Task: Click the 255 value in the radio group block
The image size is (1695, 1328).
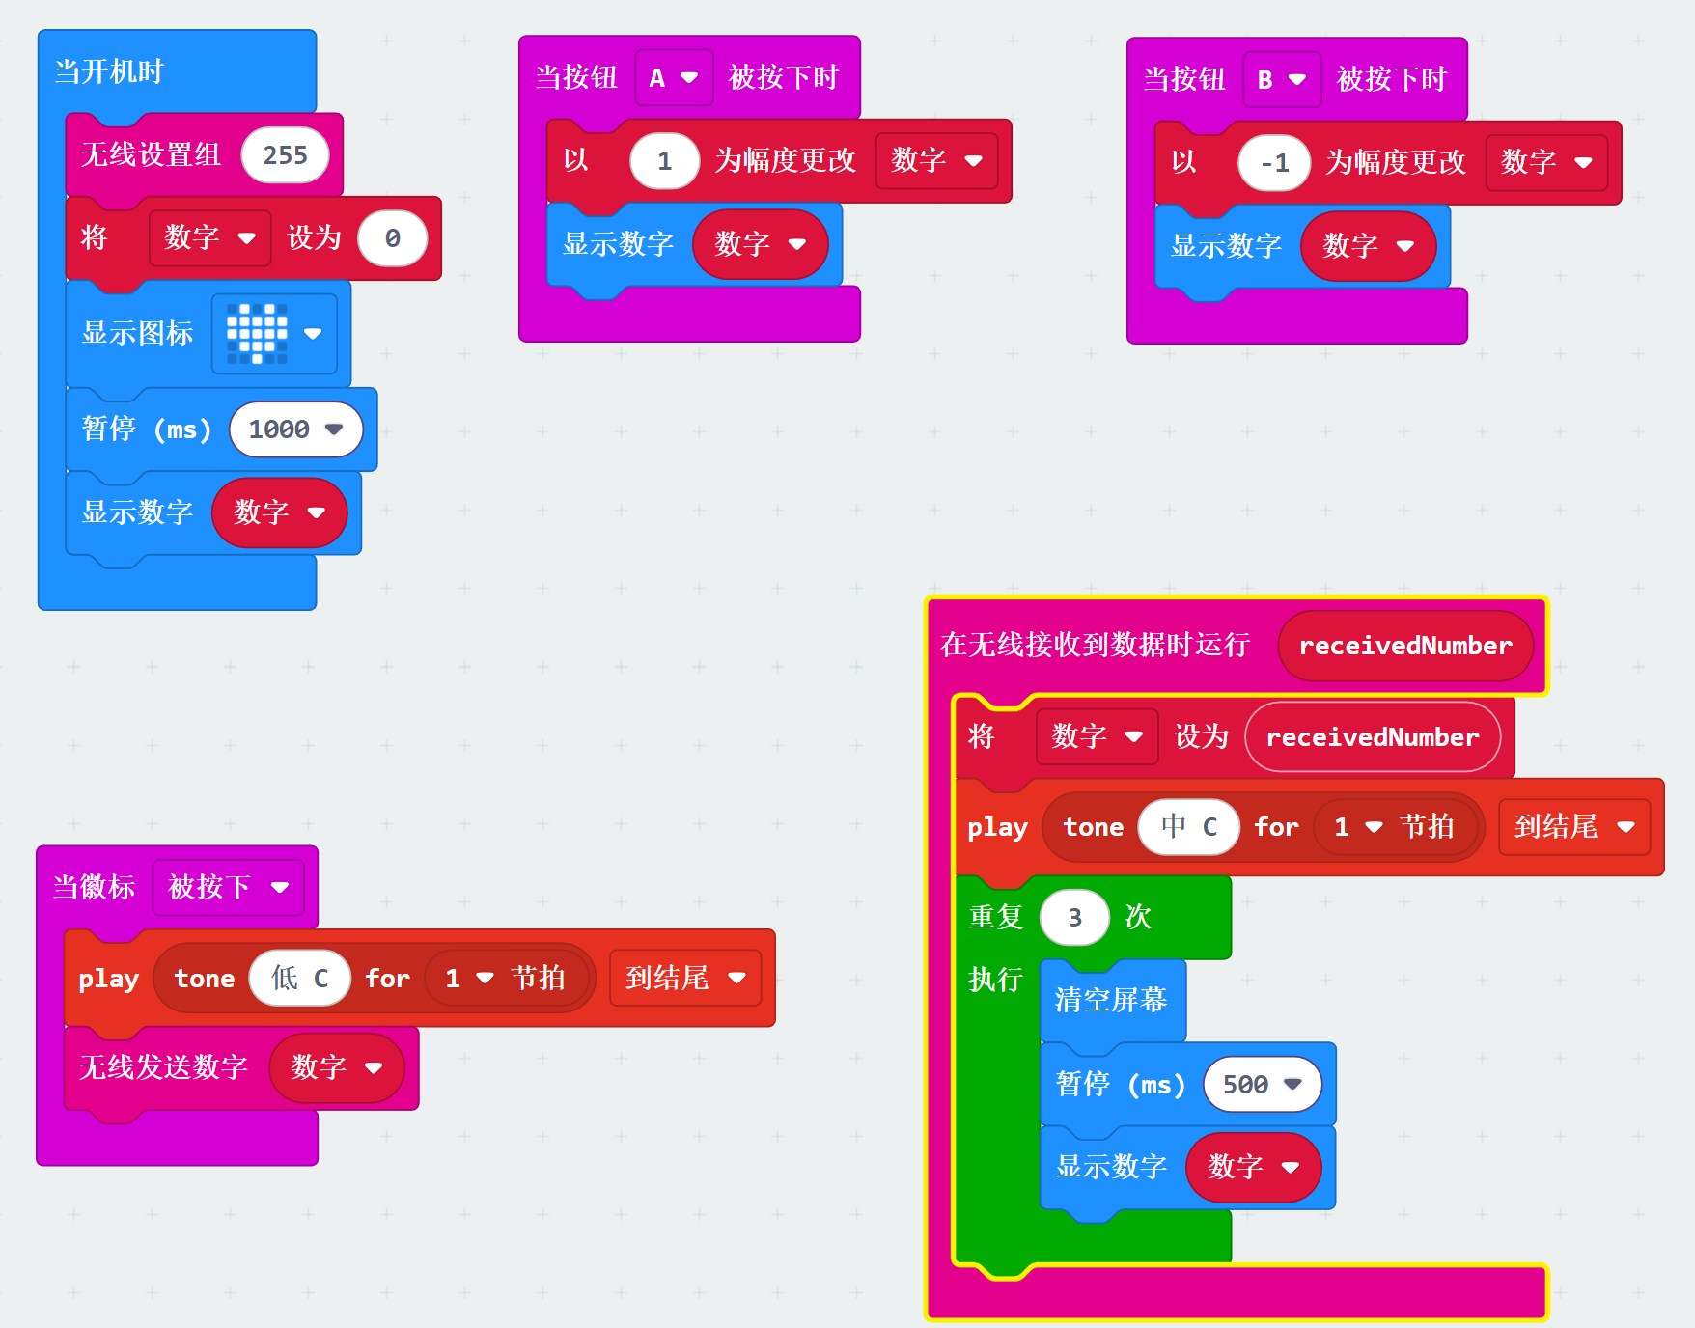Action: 285,155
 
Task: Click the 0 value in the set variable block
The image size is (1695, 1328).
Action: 392,238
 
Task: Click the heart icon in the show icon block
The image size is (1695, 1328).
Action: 257,334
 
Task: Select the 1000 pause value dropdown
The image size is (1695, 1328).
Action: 295,429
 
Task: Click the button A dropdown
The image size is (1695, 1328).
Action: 674,78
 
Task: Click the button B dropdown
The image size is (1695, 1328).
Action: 1281,80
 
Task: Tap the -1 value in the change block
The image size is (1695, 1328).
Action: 1274,163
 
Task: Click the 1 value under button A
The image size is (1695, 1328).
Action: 664,161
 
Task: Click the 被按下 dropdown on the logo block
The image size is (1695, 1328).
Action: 228,887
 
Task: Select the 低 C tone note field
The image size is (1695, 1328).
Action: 299,979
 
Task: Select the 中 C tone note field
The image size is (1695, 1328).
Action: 1188,827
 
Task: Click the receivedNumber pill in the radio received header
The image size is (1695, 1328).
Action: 1405,646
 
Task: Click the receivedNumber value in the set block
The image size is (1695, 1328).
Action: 1372,737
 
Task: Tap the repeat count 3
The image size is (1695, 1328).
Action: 1074,918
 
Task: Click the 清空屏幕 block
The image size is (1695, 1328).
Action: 1111,1000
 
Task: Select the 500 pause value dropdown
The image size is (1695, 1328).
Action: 1262,1085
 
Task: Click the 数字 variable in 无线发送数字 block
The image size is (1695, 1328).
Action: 336,1067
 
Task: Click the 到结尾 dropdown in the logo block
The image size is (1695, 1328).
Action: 685,979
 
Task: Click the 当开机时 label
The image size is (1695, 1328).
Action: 109,71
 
